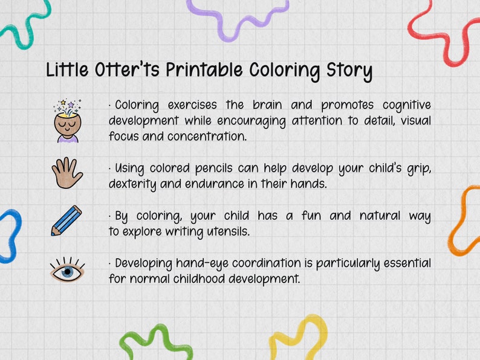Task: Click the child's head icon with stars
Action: pos(67,121)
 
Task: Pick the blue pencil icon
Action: pos(66,220)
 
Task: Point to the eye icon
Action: pos(67,271)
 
